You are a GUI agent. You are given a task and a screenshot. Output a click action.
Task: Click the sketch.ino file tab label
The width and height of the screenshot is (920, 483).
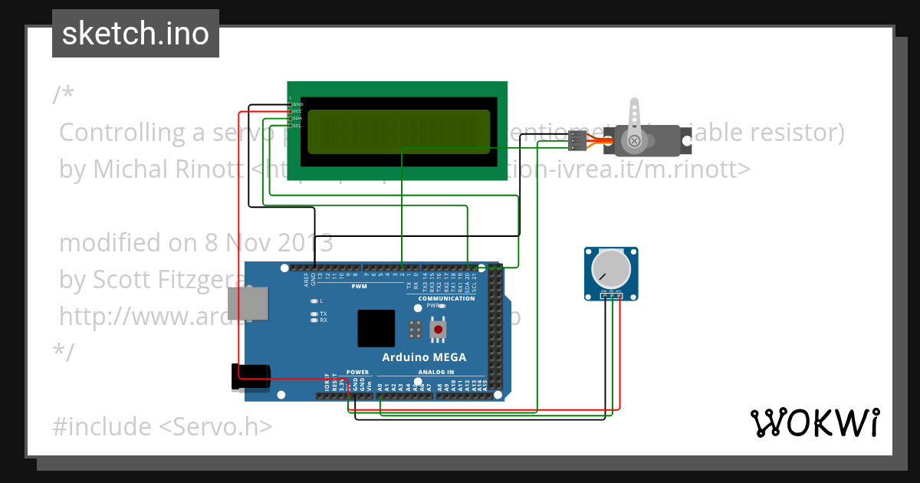[x=136, y=34]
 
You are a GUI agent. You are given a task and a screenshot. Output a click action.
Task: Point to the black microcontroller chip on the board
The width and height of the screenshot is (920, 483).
[x=376, y=328]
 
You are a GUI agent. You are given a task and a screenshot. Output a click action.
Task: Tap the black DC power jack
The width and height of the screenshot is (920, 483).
[x=251, y=377]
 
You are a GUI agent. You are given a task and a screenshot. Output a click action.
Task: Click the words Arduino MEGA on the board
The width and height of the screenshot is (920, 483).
[x=424, y=357]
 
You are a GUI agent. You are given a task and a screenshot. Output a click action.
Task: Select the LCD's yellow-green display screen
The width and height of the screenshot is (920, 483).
[x=399, y=132]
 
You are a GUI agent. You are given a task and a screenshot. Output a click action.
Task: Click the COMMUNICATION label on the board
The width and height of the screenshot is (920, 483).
[x=446, y=298]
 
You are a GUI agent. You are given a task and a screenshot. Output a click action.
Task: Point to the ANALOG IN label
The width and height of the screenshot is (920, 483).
[x=435, y=372]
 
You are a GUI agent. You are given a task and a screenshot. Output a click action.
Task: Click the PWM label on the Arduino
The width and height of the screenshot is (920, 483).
[x=359, y=287]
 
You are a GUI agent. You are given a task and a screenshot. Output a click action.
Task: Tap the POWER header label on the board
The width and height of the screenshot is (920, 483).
[x=357, y=372]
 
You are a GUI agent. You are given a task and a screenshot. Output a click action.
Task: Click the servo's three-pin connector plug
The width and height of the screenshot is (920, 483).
[x=577, y=140]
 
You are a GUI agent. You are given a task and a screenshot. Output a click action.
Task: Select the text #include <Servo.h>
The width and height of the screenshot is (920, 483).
[x=162, y=426]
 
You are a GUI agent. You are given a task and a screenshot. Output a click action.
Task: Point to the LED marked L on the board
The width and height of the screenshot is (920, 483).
[x=314, y=301]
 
